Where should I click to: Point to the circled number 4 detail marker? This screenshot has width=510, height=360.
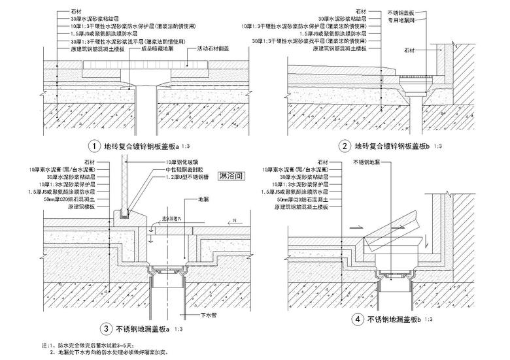tap(355, 320)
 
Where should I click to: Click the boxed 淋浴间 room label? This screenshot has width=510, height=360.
tap(233, 176)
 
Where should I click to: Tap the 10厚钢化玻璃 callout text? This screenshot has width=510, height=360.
tap(181, 161)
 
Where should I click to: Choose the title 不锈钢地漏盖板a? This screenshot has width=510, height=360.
tap(143, 328)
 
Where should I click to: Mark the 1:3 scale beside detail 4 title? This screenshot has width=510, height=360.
tap(429, 319)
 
